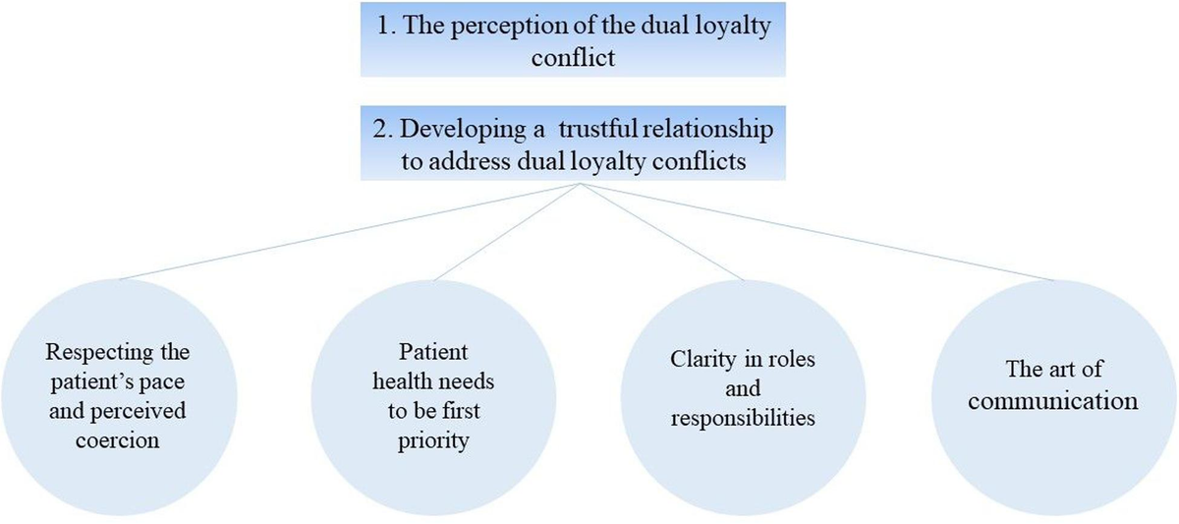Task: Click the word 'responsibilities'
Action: pyautogui.click(x=743, y=417)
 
